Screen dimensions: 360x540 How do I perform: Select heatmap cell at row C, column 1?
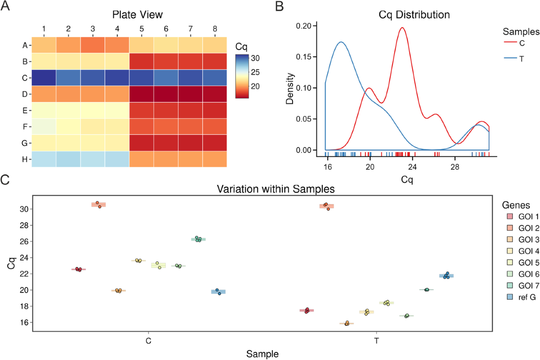click(44, 77)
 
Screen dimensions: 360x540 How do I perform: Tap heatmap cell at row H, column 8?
click(215, 159)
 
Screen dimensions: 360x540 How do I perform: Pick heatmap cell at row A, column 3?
click(93, 45)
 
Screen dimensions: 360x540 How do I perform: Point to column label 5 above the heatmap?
click(141, 29)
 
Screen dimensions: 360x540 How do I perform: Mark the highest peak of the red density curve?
click(402, 28)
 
